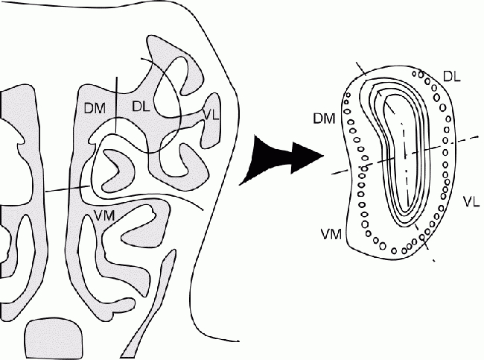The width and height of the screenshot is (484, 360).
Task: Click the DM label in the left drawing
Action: (x=95, y=109)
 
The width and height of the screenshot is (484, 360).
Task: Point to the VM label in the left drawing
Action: (x=105, y=216)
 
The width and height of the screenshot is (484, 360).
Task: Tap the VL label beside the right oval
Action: (x=470, y=202)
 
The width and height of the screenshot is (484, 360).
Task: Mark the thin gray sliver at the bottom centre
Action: (x=149, y=328)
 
